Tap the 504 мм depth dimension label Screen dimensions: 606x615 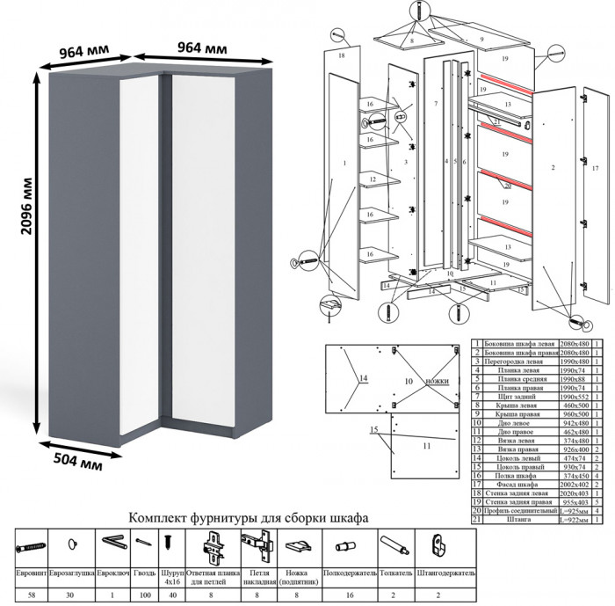tap(75, 459)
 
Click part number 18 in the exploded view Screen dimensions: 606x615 tap(341, 55)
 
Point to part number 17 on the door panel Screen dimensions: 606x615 tap(595, 166)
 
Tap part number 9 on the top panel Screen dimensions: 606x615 tap(482, 40)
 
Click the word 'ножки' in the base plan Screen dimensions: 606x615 tap(436, 382)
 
